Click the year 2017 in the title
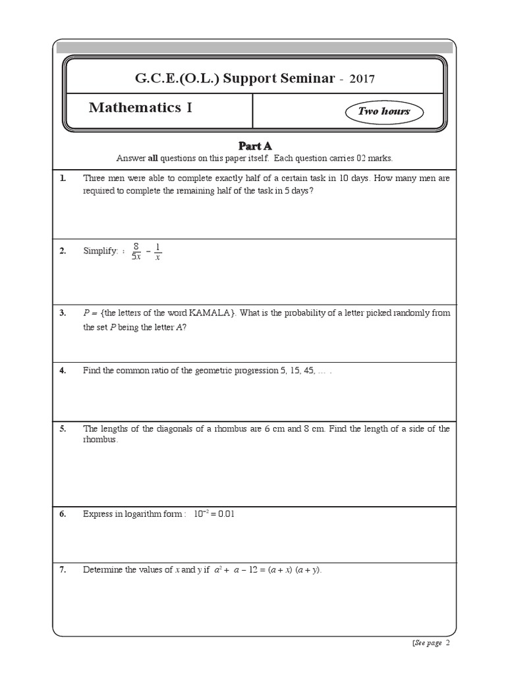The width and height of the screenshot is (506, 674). click(362, 79)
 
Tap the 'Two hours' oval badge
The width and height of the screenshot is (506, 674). click(383, 111)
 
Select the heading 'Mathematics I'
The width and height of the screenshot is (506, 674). click(140, 108)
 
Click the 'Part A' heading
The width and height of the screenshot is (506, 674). click(254, 145)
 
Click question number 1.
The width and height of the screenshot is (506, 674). click(63, 178)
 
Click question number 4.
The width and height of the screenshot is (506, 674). click(63, 371)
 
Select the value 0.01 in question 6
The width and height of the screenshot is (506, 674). click(225, 513)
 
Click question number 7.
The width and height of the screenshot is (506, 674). click(63, 570)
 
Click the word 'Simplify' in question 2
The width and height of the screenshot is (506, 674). click(99, 251)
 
